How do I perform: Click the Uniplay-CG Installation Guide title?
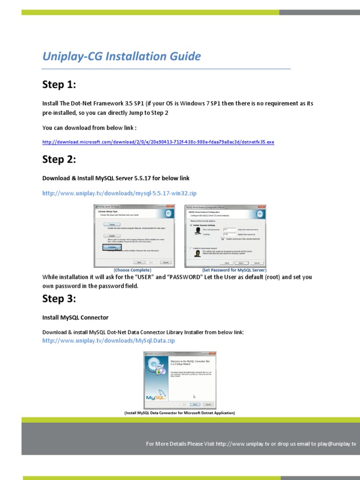point(121,57)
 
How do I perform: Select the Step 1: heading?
point(59,85)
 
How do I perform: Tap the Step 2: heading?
point(59,160)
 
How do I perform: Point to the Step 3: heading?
point(59,299)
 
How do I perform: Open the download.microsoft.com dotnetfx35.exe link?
point(158,142)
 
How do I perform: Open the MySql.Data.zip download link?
point(108,341)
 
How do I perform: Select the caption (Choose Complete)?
point(132,270)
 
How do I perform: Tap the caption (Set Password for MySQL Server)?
point(234,270)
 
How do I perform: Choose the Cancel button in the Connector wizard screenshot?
point(208,404)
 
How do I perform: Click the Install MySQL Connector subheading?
point(75,318)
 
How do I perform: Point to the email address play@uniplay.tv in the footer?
point(337,443)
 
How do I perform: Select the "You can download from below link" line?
point(90,128)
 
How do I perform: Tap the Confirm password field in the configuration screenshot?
point(228,234)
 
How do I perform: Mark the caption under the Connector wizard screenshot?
point(180,413)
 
